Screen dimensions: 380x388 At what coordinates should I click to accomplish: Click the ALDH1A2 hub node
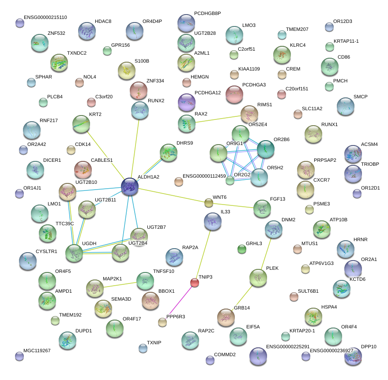(130, 186)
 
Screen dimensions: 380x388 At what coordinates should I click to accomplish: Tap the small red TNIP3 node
(194, 283)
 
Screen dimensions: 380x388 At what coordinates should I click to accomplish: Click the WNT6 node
(208, 203)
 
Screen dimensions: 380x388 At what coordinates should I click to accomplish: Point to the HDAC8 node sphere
(87, 31)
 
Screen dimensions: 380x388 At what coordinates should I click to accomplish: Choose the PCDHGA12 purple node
(186, 102)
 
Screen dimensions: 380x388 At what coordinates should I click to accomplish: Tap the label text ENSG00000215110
(46, 18)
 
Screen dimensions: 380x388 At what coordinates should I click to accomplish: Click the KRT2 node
(81, 124)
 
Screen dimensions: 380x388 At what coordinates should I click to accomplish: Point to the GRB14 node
(226, 317)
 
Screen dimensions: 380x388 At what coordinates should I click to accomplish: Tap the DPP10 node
(353, 356)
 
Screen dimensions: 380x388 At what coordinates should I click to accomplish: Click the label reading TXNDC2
(77, 53)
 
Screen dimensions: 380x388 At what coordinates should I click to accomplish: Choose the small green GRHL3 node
(241, 250)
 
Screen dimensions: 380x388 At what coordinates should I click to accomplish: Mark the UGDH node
(74, 253)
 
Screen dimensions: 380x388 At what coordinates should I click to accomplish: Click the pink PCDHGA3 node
(234, 93)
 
